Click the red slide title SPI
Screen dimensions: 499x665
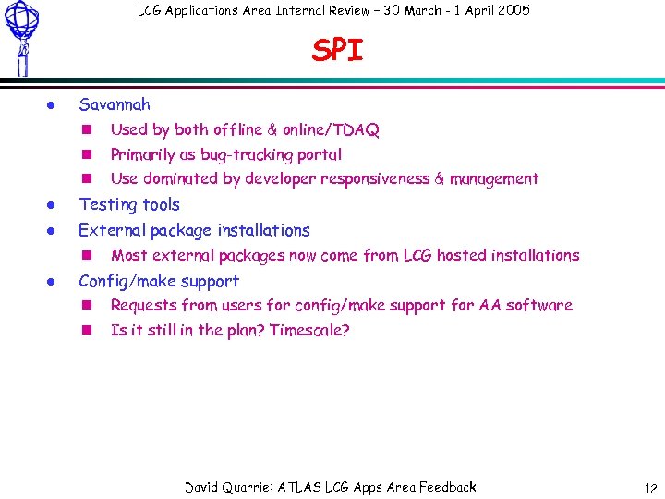pyautogui.click(x=338, y=51)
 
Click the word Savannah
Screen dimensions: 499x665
pyautogui.click(x=115, y=105)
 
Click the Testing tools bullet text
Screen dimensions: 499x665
pyautogui.click(x=129, y=205)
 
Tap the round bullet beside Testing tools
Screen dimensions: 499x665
pyautogui.click(x=54, y=205)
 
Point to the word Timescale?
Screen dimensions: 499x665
pyautogui.click(x=309, y=331)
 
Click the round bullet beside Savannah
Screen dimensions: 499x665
pyautogui.click(x=54, y=105)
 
